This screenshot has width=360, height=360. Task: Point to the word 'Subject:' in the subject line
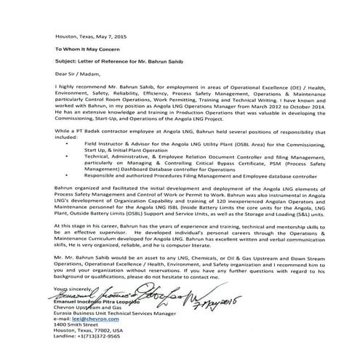click(x=65, y=61)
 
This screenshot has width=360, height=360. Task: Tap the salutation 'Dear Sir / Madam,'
click(x=76, y=73)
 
